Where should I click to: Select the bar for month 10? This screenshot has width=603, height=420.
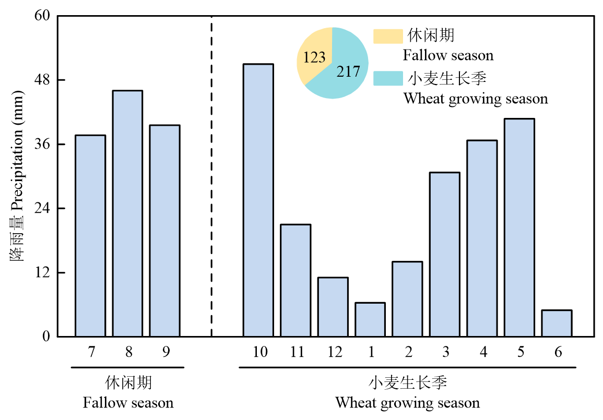[x=258, y=200]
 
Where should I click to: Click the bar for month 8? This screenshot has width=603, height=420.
[x=127, y=213]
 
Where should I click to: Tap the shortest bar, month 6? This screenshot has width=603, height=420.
[x=557, y=323]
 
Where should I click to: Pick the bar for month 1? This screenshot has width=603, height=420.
[x=370, y=319]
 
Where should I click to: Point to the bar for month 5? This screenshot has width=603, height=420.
[x=519, y=227]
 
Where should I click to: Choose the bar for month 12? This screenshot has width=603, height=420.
[x=333, y=307]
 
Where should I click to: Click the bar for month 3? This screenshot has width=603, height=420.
[x=445, y=254]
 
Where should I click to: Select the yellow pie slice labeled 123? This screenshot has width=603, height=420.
[x=313, y=57]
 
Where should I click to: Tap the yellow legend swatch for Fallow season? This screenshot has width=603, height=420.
[x=388, y=36]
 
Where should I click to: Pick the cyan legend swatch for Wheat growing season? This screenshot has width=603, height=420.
[x=388, y=79]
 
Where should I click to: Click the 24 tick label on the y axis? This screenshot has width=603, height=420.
[x=42, y=209]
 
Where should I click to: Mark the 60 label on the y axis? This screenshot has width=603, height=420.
[x=42, y=16]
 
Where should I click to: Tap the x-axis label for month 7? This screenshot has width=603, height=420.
[x=91, y=352]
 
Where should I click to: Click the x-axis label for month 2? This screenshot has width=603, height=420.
[x=408, y=352]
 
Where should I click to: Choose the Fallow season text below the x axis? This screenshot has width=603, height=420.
[x=128, y=403]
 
